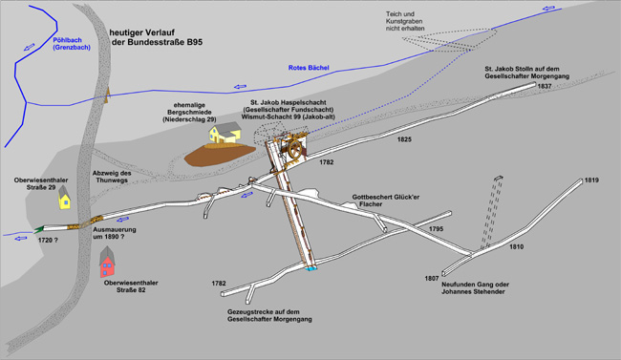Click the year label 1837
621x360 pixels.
click(545, 86)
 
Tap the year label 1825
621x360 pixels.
click(404, 139)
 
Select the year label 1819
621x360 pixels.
click(591, 180)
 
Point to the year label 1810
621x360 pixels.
click(517, 246)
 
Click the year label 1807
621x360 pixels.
click(432, 279)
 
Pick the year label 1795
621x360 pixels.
click(436, 229)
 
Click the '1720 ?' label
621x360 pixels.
click(48, 240)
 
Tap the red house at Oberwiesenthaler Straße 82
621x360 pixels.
click(107, 263)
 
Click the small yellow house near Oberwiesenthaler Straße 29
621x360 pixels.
click(65, 198)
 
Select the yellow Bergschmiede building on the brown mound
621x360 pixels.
click(225, 133)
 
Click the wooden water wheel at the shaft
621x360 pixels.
click(295, 149)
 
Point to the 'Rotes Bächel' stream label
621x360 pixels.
click(309, 68)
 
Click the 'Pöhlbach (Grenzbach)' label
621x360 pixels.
click(72, 44)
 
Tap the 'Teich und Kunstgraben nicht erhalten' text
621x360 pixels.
click(405, 21)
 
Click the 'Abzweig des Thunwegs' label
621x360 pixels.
click(112, 177)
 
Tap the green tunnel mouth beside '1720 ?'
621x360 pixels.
click(39, 229)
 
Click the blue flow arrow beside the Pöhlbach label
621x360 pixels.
click(29, 48)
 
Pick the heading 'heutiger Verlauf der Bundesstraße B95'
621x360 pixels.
click(156, 37)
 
